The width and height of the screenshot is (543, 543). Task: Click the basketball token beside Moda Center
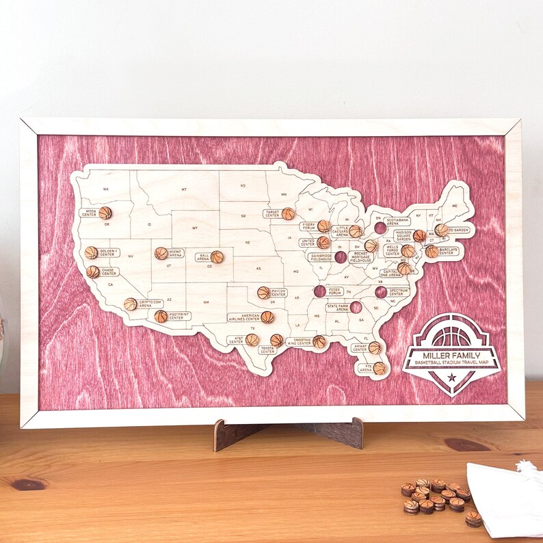pos(105,213)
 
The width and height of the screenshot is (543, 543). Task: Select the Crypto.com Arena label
pos(150,303)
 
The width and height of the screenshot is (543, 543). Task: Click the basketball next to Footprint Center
pos(161,316)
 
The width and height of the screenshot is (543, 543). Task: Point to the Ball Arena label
pos(203,257)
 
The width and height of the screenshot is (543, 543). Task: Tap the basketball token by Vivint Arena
pos(161,253)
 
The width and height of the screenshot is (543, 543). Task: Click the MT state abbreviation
pos(184,189)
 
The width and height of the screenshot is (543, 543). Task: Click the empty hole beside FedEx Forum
pos(319,291)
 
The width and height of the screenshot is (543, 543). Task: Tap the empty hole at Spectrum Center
pos(381,292)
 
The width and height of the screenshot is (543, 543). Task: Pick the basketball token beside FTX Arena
pos(380,368)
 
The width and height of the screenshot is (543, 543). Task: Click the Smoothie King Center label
pos(299,341)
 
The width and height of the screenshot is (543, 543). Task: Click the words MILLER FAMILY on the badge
pos(451,356)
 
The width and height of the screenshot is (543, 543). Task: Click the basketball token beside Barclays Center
pos(432,252)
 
